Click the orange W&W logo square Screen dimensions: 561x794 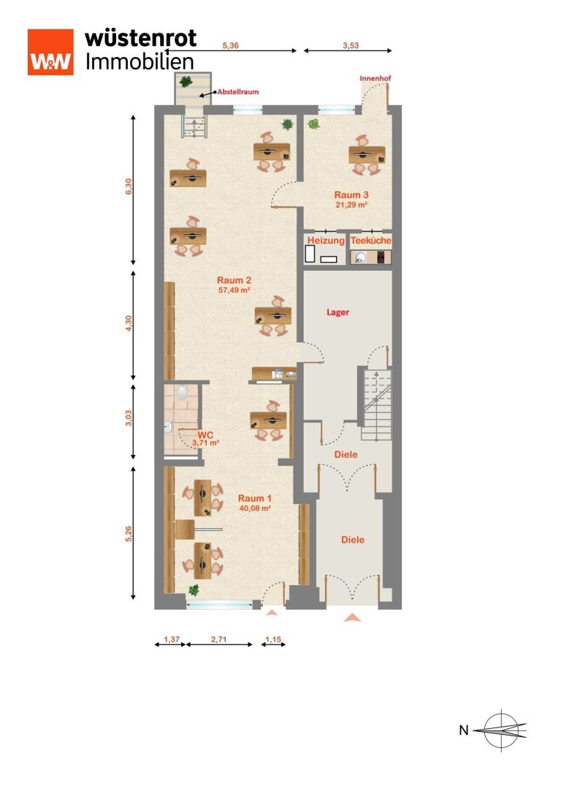click(50, 52)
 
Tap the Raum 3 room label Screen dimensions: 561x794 click(351, 195)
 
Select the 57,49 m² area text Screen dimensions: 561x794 click(234, 291)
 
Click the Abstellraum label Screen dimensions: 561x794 click(238, 91)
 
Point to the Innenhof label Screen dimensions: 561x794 click(375, 78)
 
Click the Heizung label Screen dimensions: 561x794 click(326, 240)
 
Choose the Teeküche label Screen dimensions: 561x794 click(371, 240)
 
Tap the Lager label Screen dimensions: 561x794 click(337, 313)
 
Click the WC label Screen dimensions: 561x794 click(205, 435)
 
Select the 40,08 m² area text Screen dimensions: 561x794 click(255, 508)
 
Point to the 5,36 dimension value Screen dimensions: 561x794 click(230, 45)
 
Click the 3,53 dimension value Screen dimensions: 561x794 click(351, 45)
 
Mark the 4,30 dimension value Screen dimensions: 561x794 click(129, 324)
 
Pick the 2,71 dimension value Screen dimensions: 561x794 click(218, 640)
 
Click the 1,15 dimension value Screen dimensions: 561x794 click(273, 640)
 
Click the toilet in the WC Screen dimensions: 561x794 click(183, 392)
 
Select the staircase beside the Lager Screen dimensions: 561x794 click(375, 397)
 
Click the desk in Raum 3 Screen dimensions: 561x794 click(367, 155)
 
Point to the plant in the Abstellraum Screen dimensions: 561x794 click(186, 82)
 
